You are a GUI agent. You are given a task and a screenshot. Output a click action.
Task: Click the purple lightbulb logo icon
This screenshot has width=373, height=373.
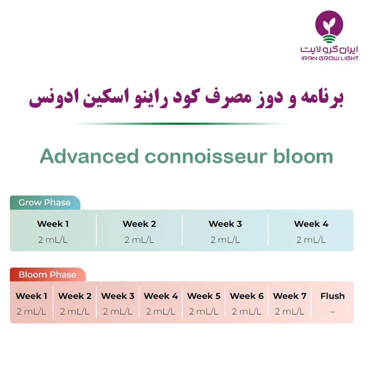point(329,27)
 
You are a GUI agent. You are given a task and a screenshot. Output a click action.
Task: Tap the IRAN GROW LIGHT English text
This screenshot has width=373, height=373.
point(330,58)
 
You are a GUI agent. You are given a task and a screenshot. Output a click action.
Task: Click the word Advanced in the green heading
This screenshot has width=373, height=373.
point(89,156)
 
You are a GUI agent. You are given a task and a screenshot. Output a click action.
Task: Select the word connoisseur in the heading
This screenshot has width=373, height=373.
point(206,157)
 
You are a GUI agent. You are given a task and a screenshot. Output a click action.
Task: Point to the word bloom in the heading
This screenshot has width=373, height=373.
point(303,156)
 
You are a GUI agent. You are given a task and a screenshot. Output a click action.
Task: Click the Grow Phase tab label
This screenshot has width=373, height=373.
point(44,202)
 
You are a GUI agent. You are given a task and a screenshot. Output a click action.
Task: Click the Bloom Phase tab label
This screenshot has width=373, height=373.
point(47,274)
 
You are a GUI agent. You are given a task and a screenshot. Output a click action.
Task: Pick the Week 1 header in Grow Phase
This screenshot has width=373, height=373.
point(53,224)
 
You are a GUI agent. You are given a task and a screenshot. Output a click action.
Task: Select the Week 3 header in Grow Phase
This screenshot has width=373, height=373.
point(225,224)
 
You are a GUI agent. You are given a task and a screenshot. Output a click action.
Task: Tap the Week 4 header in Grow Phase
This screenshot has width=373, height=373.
point(311,224)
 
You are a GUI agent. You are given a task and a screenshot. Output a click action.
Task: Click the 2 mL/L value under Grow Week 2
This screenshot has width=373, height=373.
point(139,240)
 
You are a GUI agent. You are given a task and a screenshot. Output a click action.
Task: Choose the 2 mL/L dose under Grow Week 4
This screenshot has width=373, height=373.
point(311,240)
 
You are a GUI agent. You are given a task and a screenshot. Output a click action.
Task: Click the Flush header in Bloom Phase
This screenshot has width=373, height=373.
point(332,296)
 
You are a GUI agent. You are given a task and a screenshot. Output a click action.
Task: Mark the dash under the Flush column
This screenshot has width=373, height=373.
point(332,312)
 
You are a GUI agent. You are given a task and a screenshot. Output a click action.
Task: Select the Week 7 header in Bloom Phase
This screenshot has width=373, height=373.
point(290,296)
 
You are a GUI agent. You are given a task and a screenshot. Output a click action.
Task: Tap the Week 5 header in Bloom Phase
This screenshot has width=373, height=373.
point(203,296)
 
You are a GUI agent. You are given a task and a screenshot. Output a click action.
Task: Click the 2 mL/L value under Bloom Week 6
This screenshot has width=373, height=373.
point(247,311)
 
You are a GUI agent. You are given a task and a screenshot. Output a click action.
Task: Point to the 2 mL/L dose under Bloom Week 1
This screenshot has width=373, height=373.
point(31,311)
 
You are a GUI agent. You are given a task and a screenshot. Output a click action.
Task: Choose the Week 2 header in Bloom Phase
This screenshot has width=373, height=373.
point(75,296)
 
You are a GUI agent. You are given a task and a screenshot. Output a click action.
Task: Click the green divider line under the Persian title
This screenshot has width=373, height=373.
point(179,124)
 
